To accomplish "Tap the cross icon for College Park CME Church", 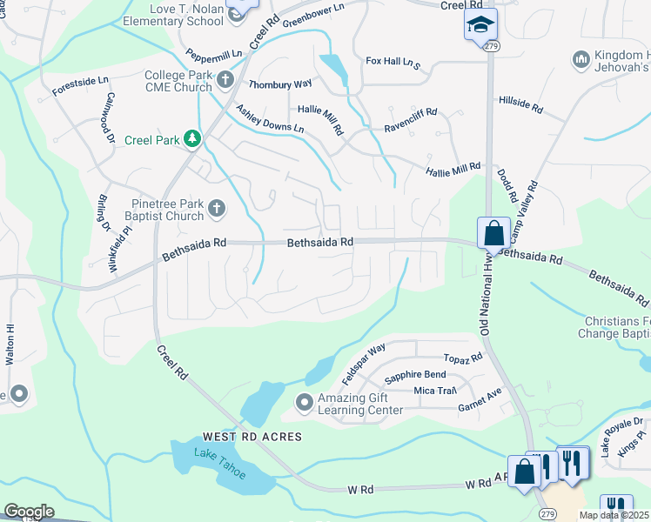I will pyautogui.click(x=225, y=82).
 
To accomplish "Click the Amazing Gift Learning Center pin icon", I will pyautogui.click(x=305, y=403).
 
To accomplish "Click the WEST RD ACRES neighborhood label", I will pyautogui.click(x=252, y=436).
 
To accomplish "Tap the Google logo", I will pyautogui.click(x=29, y=512).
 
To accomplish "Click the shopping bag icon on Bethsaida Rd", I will pyautogui.click(x=493, y=233).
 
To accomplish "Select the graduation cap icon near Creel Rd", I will pyautogui.click(x=478, y=26).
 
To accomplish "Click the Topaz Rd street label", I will pyautogui.click(x=462, y=358).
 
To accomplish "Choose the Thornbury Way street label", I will pyautogui.click(x=280, y=84).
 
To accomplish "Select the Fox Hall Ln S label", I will pyautogui.click(x=393, y=63).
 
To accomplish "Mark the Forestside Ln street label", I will pyautogui.click(x=80, y=85).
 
